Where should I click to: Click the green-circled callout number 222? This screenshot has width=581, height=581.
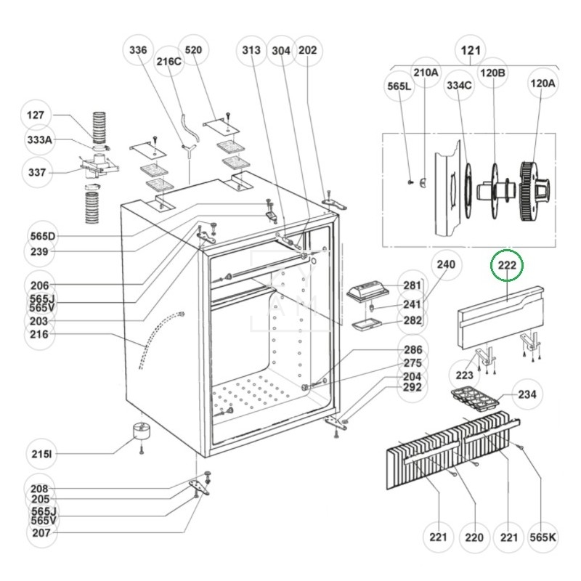[506, 265]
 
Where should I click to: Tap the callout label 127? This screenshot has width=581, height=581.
[35, 115]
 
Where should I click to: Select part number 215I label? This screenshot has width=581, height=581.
[41, 453]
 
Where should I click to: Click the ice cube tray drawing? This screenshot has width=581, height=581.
[475, 398]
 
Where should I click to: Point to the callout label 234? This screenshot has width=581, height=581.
[527, 394]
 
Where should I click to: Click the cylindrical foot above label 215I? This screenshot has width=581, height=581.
[142, 431]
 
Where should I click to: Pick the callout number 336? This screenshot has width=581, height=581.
[138, 49]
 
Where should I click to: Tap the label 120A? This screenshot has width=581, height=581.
[543, 84]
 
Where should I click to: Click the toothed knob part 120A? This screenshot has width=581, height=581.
[535, 191]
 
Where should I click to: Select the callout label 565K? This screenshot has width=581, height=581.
[543, 537]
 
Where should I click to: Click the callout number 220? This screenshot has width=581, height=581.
[474, 537]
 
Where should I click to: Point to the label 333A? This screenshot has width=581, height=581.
[40, 139]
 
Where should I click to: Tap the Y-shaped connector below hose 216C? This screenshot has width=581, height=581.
[189, 150]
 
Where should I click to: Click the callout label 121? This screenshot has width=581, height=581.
[471, 50]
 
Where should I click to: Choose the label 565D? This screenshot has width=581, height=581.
[43, 236]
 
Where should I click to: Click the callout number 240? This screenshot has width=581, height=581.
[446, 264]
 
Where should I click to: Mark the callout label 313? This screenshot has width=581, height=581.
[251, 49]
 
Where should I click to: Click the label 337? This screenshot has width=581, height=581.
[37, 172]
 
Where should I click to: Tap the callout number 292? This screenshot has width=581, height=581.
[412, 387]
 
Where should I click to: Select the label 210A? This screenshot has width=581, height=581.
[426, 72]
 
